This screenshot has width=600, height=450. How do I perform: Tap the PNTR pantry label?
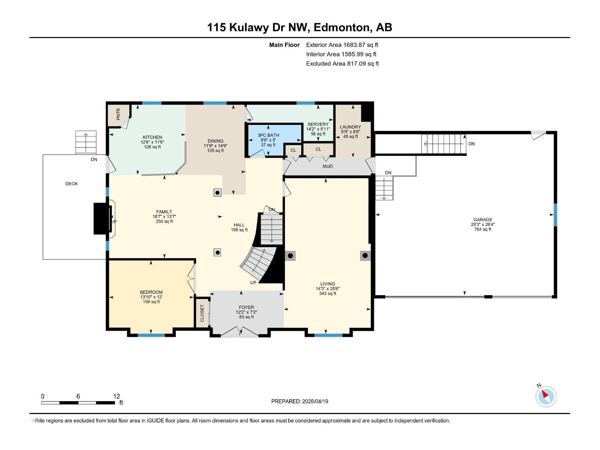tap(118, 114)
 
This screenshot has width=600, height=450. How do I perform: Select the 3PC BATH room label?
tap(268, 135)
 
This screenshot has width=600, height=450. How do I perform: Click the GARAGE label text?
tap(483, 220)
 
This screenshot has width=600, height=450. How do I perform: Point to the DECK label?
tap(72, 184)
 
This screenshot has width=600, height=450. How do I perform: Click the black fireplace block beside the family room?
tap(100, 219)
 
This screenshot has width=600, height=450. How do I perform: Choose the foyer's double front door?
tap(239, 332)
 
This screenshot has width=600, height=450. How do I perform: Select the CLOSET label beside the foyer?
tap(202, 313)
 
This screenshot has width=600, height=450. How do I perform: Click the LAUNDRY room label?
tap(350, 127)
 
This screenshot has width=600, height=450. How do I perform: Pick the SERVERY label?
tap(318, 124)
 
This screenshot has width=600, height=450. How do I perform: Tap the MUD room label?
tap(327, 166)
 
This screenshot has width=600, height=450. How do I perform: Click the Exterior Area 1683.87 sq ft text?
tap(342, 45)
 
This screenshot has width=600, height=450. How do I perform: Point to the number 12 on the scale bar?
tap(117, 396)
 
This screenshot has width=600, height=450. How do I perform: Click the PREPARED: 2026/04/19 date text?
tap(300, 401)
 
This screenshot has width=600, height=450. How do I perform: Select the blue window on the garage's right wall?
tap(555, 215)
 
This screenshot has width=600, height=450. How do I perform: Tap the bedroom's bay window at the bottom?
tap(151, 335)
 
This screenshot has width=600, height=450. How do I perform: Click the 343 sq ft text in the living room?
tap(327, 294)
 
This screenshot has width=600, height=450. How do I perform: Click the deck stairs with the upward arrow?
tap(86, 142)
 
